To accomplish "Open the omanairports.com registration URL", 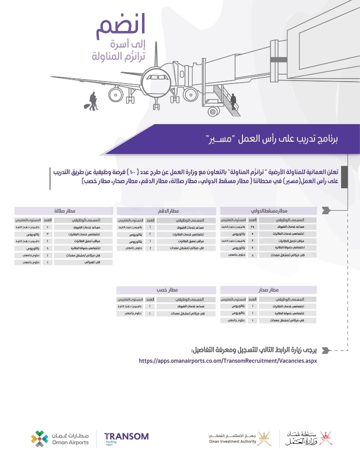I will click(227, 360).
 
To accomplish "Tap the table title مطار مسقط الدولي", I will click(269, 211).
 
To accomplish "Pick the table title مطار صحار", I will click(269, 290).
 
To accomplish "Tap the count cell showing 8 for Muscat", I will click(253, 255).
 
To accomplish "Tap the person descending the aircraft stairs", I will click(233, 101).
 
